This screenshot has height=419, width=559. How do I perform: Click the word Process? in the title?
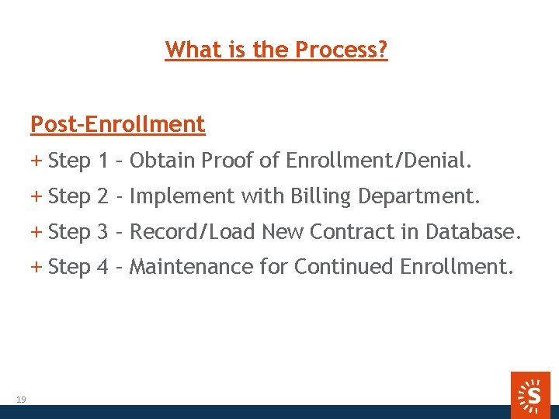pyautogui.click(x=342, y=50)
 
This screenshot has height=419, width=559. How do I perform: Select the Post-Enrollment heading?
pyautogui.click(x=117, y=124)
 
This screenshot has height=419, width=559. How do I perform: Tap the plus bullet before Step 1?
pyautogui.click(x=36, y=161)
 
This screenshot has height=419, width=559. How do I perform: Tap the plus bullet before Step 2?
pyautogui.click(x=36, y=196)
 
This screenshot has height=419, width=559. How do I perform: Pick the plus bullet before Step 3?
pyautogui.click(x=36, y=231)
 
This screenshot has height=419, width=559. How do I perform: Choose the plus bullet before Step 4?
pyautogui.click(x=36, y=267)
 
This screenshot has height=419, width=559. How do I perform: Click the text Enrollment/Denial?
pyautogui.click(x=378, y=161)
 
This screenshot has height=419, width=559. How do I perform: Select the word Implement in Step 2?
pyautogui.click(x=182, y=197)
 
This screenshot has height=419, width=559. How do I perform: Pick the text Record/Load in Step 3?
pyautogui.click(x=193, y=231)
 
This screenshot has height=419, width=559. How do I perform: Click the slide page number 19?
pyautogui.click(x=21, y=400)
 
